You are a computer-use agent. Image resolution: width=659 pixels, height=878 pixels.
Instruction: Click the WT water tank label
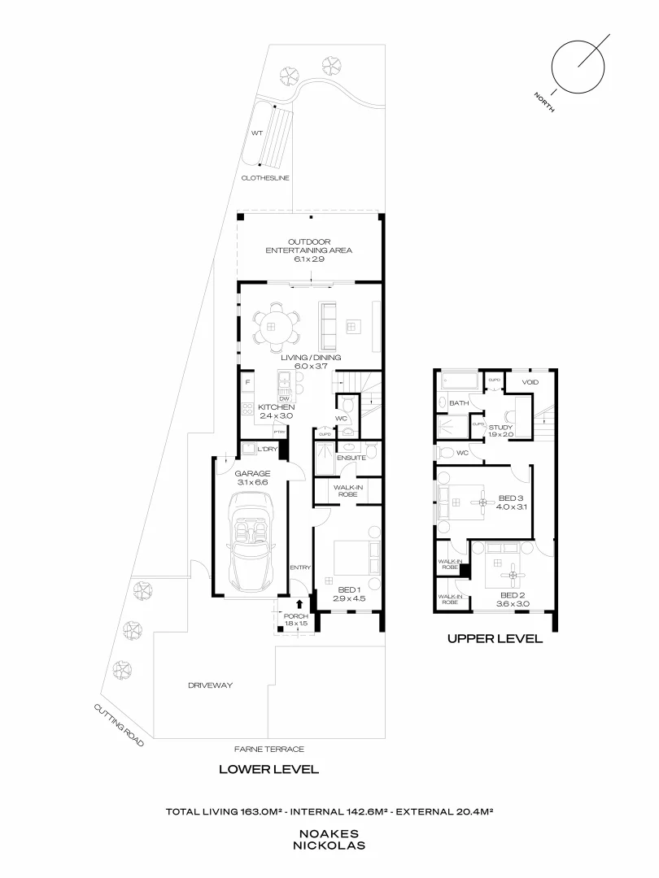[256, 132]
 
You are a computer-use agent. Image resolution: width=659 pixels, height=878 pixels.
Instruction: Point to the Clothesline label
[265, 177]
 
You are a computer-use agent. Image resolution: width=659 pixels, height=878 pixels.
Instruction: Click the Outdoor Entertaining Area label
[308, 246]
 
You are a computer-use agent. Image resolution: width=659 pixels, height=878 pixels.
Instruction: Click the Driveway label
[211, 685]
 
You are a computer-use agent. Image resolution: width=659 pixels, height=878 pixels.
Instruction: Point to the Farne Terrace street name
[268, 749]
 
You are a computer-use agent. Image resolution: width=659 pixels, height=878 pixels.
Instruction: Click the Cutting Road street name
[119, 725]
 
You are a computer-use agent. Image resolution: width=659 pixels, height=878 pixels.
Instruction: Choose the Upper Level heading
[495, 639]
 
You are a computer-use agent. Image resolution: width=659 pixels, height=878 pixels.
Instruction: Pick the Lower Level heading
[268, 769]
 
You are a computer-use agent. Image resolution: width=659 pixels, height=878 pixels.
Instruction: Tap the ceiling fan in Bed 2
[512, 576]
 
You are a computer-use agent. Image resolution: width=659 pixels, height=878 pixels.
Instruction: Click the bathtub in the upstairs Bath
[460, 380]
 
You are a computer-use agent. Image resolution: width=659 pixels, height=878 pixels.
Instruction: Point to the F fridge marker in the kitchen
[247, 381]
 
